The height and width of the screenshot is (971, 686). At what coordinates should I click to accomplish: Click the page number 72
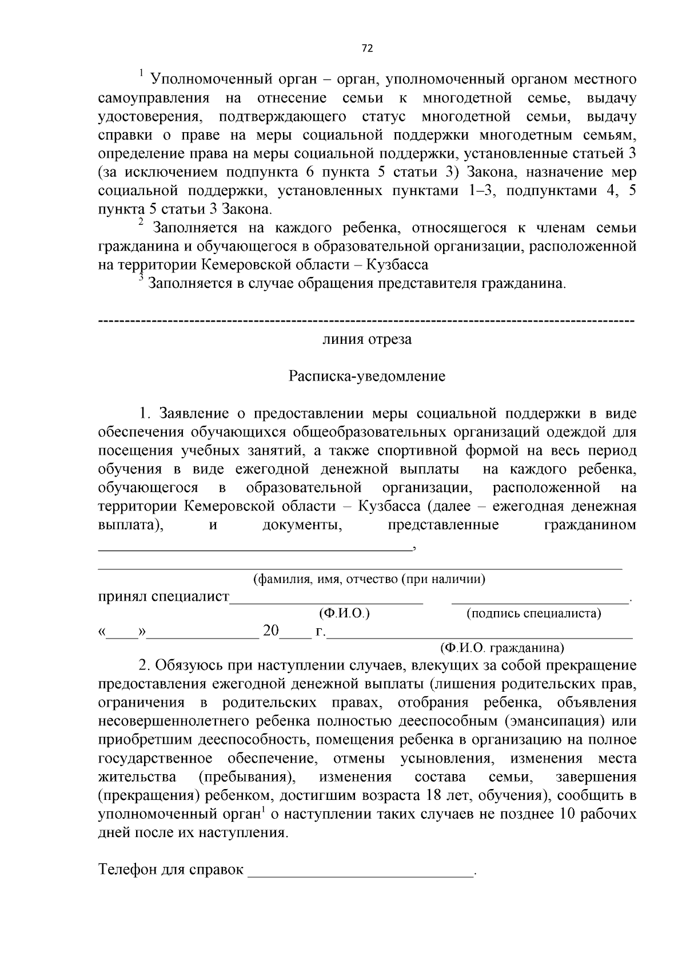coord(367,49)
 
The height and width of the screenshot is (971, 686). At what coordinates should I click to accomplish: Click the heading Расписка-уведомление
coord(366,376)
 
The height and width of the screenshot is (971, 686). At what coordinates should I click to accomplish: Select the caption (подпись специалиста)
coord(534,614)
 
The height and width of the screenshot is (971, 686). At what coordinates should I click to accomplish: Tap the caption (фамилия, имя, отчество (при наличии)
coord(369,579)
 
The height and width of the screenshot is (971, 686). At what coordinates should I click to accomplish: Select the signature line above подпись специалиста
coord(540,601)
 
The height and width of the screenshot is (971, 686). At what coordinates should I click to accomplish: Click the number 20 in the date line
coord(270,631)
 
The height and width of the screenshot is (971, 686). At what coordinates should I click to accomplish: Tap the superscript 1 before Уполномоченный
coord(141,73)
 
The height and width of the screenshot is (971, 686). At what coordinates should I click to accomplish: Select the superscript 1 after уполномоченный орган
coord(261,809)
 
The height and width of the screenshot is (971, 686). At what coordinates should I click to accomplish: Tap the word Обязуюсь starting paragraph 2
coord(189,665)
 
